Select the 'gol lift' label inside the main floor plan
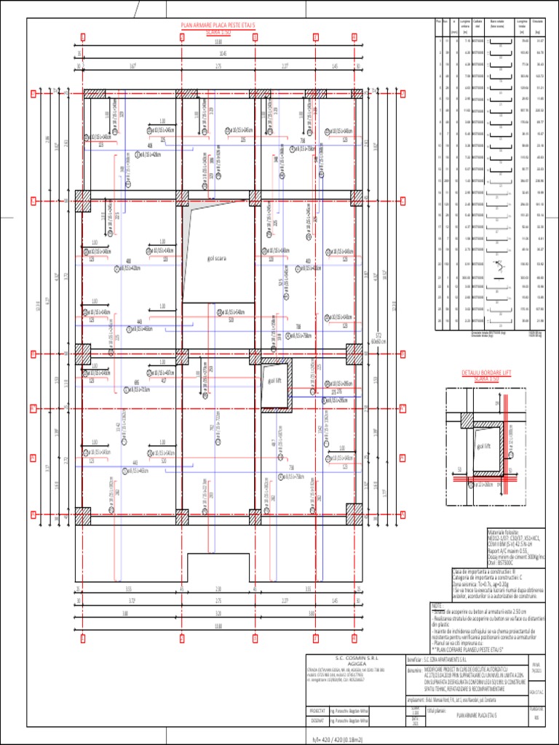[x=274, y=381]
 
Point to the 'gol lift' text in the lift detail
[x=483, y=445]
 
